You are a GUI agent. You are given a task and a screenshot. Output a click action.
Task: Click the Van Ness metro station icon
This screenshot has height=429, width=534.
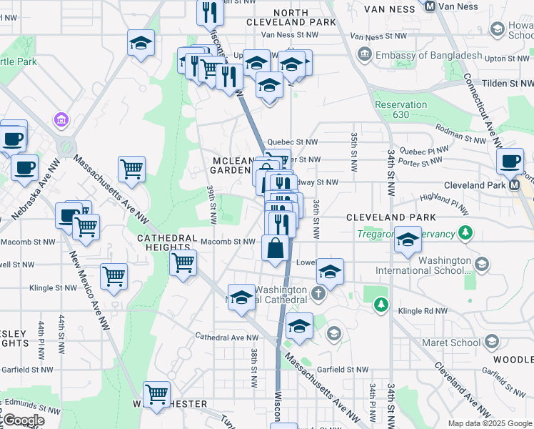pos(430,6)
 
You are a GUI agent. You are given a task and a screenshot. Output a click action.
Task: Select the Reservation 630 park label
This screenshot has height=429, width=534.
pos(401,109)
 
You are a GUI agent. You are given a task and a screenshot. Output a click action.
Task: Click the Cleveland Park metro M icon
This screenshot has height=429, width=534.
pos(514,184)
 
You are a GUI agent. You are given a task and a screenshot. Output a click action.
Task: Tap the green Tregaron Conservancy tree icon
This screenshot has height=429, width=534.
pos(465,232)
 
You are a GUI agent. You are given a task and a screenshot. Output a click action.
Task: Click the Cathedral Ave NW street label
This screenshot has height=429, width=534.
pos(227,337)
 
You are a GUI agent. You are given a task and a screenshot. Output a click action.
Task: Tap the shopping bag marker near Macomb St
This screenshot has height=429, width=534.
pos(275,250)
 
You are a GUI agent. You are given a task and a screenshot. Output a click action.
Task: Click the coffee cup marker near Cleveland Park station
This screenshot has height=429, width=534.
pos(510,162)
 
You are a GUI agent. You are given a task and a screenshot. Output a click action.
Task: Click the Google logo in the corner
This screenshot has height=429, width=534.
pos(23,420)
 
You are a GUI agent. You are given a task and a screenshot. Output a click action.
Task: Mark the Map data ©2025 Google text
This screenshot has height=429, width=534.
pos(489,423)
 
